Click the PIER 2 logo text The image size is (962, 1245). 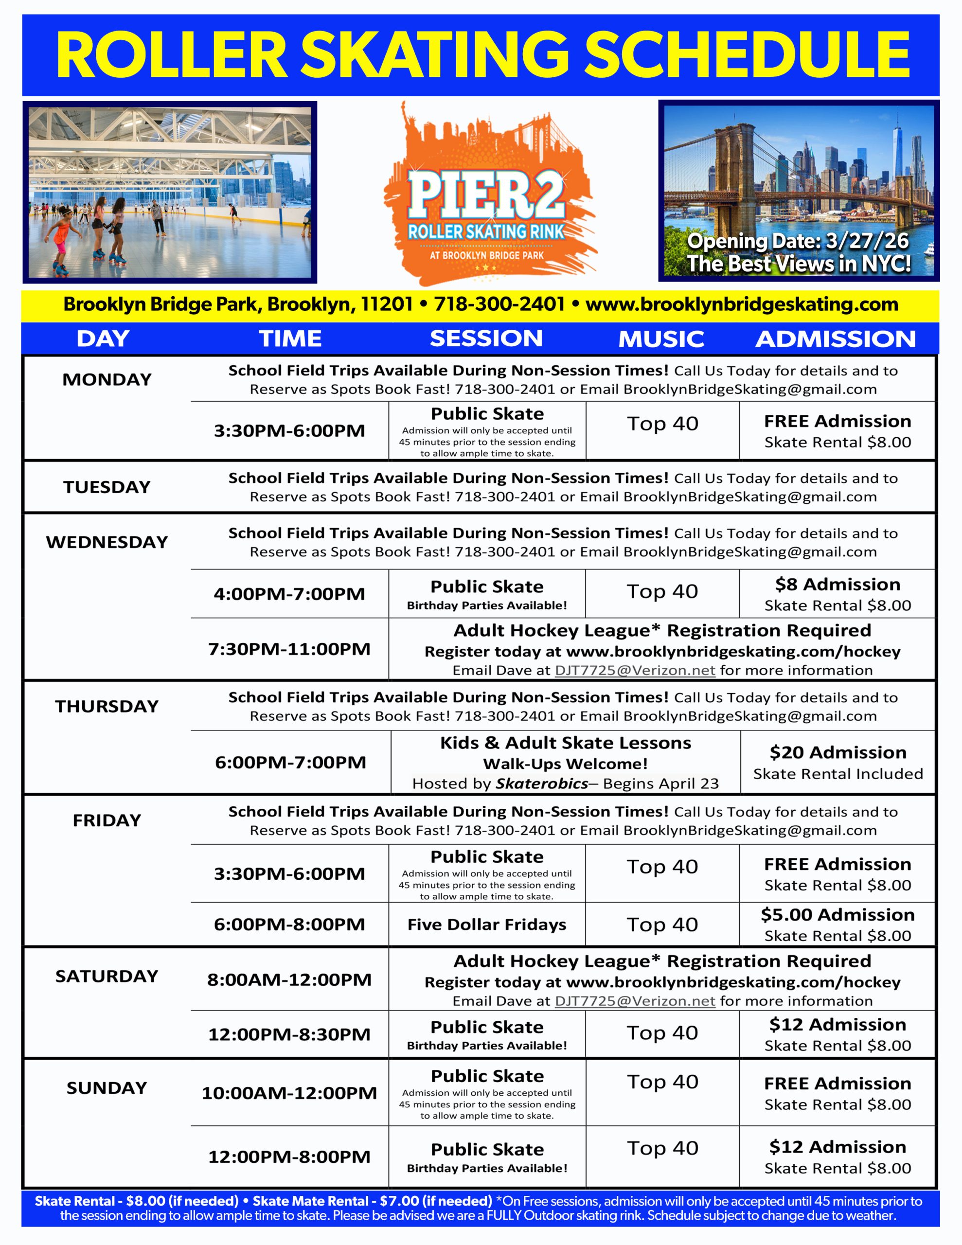pos(486,195)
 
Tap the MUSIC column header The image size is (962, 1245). pos(661,339)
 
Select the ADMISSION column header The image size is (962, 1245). pos(836,339)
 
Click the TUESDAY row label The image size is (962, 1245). pos(107,487)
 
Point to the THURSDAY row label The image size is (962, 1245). pos(107,706)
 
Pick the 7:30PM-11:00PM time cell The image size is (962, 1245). pos(289,649)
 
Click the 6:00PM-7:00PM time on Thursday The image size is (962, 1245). pos(290,762)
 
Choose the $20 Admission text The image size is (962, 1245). pos(837,752)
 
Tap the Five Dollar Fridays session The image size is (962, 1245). pos(486,924)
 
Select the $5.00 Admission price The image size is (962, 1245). pos(837,914)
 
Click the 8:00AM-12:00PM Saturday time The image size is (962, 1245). pos(289,979)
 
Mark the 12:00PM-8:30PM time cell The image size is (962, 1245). pos(289,1034)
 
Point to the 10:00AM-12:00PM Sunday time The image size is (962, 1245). pos(289,1093)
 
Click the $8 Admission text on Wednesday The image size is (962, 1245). pos(837,584)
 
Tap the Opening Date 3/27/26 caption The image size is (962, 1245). pos(798,241)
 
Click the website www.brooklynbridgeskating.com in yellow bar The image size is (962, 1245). pos(741,304)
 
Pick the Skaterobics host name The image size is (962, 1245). pos(541,784)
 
